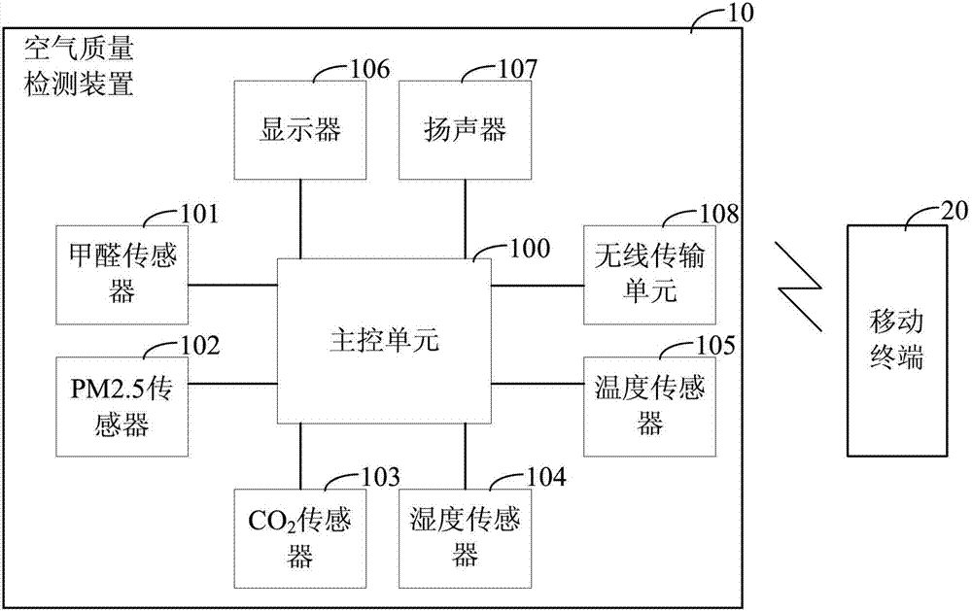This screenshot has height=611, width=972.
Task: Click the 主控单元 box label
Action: [x=385, y=341]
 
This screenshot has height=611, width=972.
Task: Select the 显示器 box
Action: [x=300, y=129]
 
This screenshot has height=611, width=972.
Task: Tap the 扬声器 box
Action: [x=465, y=129]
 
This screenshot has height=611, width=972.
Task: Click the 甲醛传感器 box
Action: [x=121, y=275]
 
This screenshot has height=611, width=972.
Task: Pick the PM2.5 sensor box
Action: [x=121, y=406]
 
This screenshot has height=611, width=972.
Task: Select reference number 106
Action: [x=366, y=68]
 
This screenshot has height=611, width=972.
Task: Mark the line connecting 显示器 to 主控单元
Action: [x=300, y=218]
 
